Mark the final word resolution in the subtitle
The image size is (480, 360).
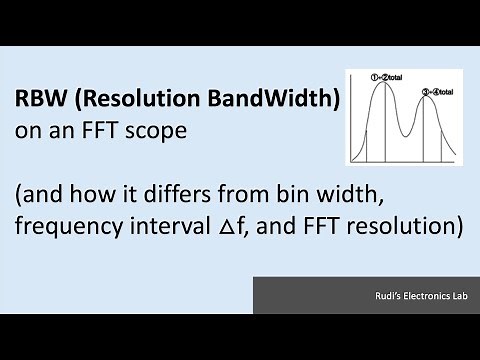point(407,226)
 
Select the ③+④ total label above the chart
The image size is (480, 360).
point(437,92)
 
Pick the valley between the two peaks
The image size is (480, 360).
point(410,135)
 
